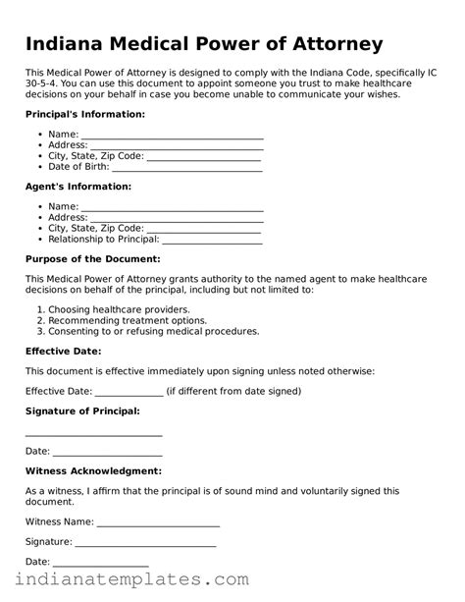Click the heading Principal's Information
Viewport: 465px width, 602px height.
click(84, 114)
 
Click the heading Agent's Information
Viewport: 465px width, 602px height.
click(77, 186)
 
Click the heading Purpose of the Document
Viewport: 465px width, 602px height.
click(92, 258)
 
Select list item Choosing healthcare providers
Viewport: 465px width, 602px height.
click(119, 309)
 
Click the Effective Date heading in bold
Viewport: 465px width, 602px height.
click(63, 351)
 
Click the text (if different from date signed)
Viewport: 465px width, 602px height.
click(233, 391)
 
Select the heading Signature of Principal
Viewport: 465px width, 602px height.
click(82, 410)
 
